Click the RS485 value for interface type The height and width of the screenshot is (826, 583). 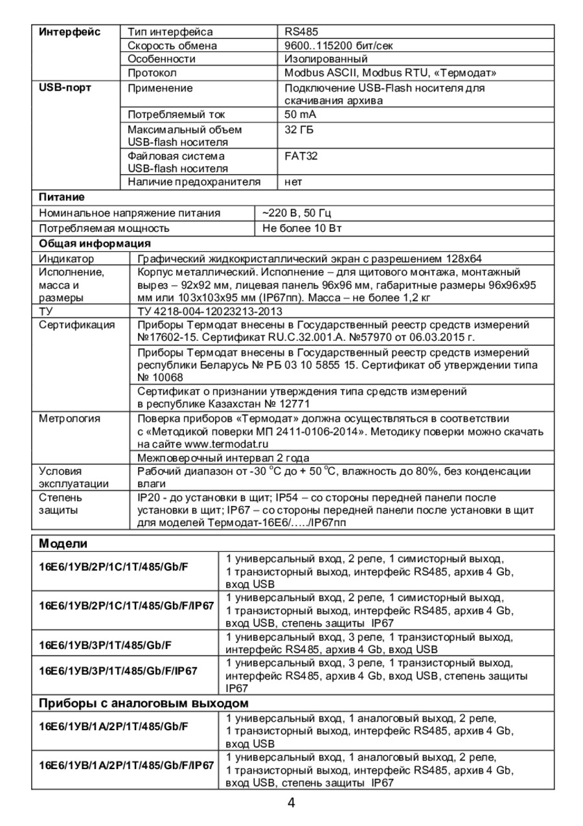(301, 32)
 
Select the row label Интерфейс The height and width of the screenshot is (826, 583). (70, 32)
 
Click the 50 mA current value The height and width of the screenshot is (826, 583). (301, 115)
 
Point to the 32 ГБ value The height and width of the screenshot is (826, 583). (299, 130)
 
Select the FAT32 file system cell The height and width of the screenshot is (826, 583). (301, 156)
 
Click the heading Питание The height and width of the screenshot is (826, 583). (62, 197)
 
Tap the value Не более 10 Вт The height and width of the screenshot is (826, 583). (301, 228)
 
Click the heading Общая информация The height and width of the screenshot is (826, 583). (95, 244)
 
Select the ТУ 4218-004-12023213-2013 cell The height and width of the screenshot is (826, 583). (201, 311)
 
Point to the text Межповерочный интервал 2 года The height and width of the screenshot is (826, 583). (223, 458)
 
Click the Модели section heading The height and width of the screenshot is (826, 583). (63, 543)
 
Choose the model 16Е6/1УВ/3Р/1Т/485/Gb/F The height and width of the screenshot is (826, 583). (109, 645)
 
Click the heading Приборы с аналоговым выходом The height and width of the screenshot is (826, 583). (144, 703)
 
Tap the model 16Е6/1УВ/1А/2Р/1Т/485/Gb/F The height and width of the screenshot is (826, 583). (113, 726)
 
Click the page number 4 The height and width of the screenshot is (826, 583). (291, 803)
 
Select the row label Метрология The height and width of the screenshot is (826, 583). (69, 419)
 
